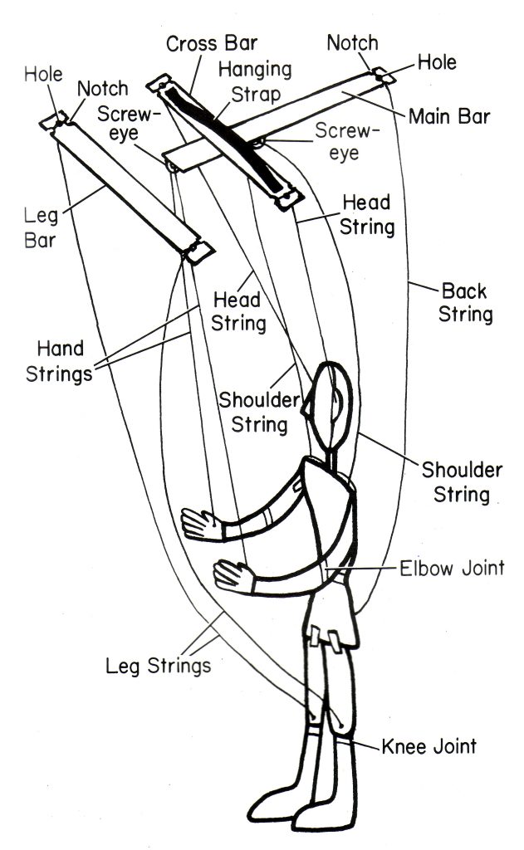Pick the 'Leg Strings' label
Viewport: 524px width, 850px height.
point(158,665)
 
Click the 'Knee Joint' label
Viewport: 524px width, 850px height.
point(429,745)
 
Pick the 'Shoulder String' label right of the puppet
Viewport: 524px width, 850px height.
point(462,482)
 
